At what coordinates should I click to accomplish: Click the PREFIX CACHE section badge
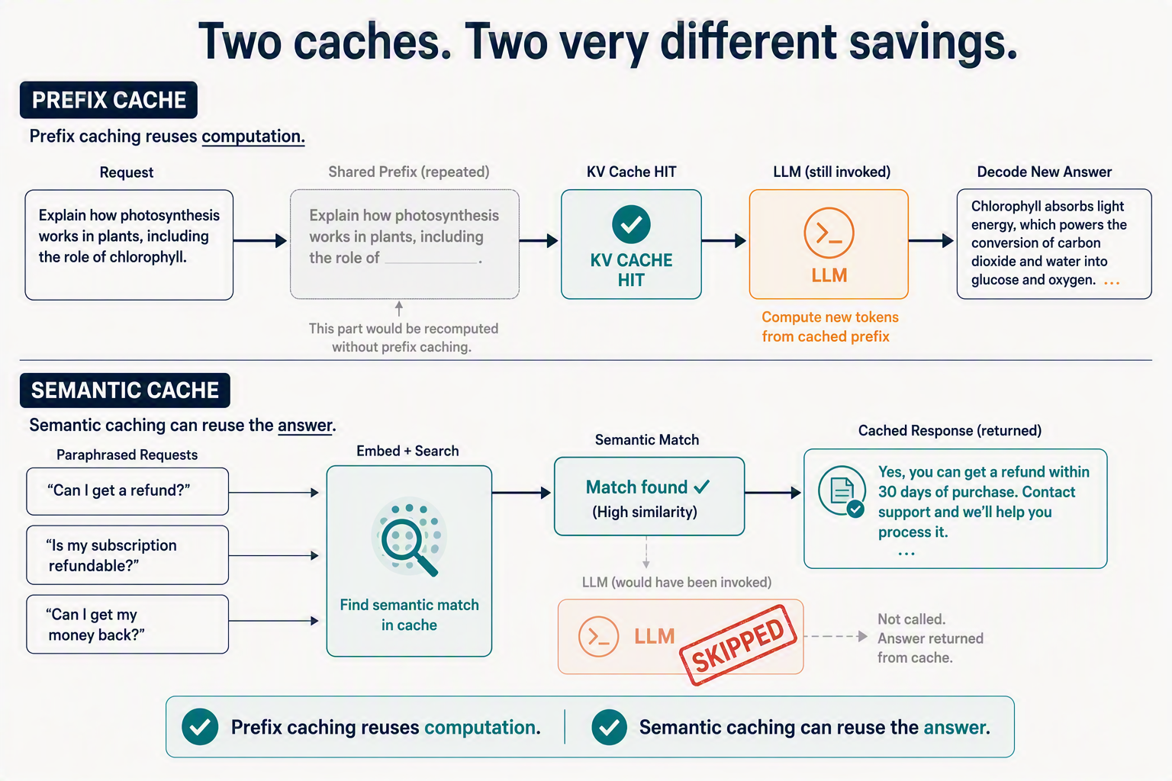tap(108, 100)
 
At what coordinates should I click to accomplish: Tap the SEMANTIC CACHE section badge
tap(125, 390)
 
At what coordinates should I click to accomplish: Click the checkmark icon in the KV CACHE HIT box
tap(631, 224)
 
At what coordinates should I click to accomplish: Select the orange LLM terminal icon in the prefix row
tap(829, 233)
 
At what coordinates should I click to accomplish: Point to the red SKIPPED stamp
tap(738, 645)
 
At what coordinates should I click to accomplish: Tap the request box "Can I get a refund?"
tap(127, 491)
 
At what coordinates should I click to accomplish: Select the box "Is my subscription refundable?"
tap(127, 555)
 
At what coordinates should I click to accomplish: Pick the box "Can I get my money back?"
tap(127, 624)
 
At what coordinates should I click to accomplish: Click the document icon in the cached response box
tap(842, 491)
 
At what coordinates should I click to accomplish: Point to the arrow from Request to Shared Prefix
tap(260, 240)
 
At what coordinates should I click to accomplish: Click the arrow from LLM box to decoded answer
tap(931, 240)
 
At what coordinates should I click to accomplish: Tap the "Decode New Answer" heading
tap(1045, 172)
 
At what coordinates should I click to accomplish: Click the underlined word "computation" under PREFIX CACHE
tap(253, 137)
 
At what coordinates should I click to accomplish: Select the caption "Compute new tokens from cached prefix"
tap(830, 326)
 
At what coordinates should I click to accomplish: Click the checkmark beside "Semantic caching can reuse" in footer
tap(609, 727)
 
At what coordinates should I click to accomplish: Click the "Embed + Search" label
tap(407, 451)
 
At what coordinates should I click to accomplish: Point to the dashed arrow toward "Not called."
tap(836, 637)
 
